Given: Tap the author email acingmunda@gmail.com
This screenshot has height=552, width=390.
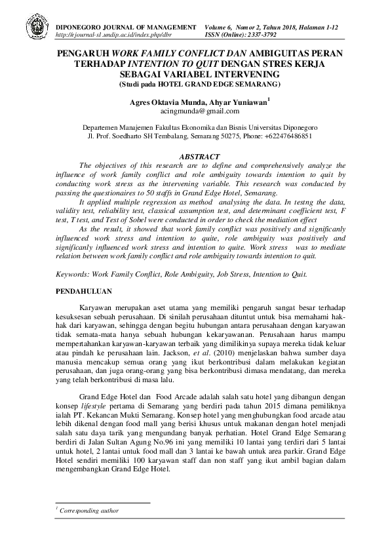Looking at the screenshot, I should (x=195, y=112).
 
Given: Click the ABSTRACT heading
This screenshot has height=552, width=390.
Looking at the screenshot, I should (x=195, y=158).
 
